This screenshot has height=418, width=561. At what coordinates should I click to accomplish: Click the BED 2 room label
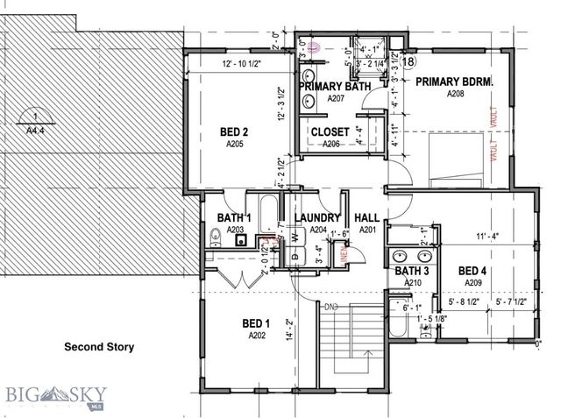(234, 132)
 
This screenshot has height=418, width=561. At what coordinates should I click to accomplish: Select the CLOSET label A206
(330, 132)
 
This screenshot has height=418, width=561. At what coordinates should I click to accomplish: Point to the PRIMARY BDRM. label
(454, 82)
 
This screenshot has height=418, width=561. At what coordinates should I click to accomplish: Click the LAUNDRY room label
(316, 218)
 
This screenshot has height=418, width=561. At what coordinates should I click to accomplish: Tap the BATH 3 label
(412, 272)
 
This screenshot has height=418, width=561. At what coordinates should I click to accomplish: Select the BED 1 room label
(256, 324)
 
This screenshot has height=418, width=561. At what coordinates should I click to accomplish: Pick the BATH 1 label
(235, 218)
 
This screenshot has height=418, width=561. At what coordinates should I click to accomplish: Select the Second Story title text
(99, 347)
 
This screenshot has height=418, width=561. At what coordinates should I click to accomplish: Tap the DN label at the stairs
(331, 307)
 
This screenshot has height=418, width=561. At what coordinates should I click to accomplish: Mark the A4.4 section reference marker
(34, 123)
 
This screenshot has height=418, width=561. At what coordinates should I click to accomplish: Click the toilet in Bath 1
(215, 237)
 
